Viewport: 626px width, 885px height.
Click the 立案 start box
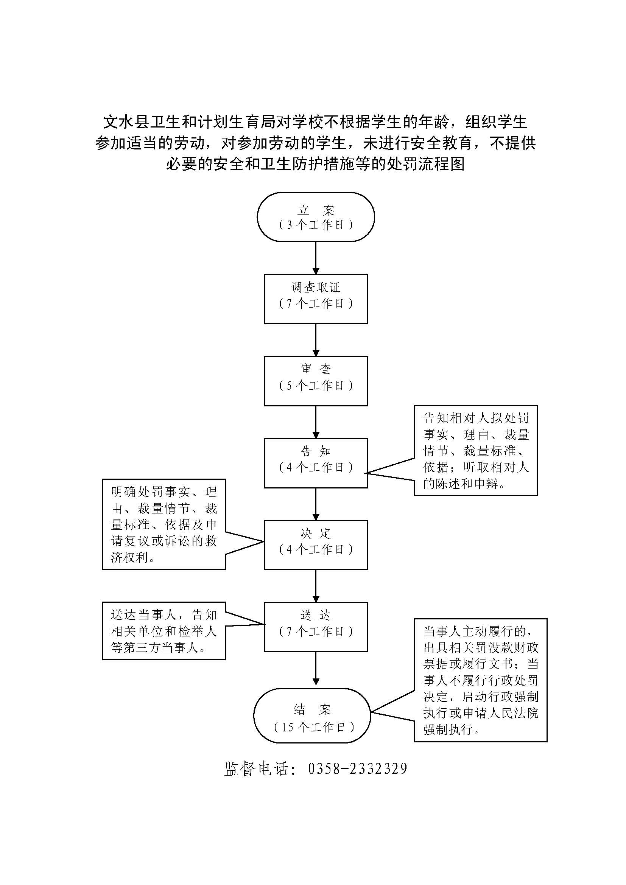pos(316,217)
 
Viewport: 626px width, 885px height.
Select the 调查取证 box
pos(316,299)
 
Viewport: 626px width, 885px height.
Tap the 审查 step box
pos(316,381)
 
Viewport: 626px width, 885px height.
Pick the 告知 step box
pos(316,463)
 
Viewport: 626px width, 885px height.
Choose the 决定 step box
pos(316,544)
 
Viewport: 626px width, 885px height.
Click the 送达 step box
pos(316,627)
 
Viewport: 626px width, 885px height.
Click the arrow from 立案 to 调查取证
pos(316,258)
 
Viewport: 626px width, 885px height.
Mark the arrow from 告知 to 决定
pos(316,504)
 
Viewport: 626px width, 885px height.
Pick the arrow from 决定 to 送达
pos(316,586)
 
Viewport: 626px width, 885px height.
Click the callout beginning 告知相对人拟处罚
pos(476,450)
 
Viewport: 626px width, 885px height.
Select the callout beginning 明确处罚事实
pos(164,524)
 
